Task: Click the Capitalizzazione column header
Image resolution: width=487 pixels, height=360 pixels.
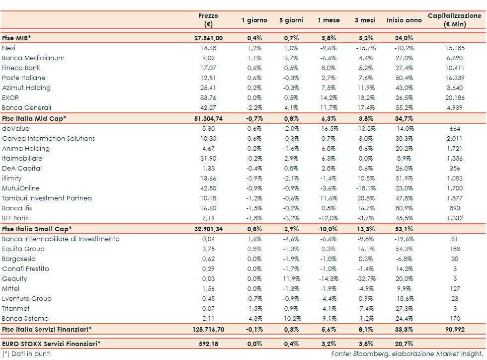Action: coord(454,20)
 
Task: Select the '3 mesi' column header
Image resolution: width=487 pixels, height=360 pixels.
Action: coord(365,20)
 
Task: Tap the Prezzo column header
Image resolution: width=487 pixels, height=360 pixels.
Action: coord(208,20)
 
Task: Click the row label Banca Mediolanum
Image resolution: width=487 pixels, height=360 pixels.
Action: coord(33,58)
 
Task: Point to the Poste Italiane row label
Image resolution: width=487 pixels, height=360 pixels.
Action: coord(23,78)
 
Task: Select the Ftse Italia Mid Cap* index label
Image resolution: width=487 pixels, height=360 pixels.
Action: coord(34,118)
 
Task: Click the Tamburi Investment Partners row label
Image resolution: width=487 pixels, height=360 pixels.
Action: coord(47,198)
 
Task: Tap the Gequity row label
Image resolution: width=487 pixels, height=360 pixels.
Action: coord(15,279)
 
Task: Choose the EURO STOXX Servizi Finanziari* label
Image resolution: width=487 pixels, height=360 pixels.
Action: coord(51,343)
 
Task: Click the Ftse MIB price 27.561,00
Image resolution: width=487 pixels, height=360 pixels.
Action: coord(208,38)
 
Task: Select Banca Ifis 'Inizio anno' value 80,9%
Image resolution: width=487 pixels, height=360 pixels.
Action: coord(404,208)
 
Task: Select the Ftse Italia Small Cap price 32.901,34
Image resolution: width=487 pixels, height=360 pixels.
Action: coord(208,229)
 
